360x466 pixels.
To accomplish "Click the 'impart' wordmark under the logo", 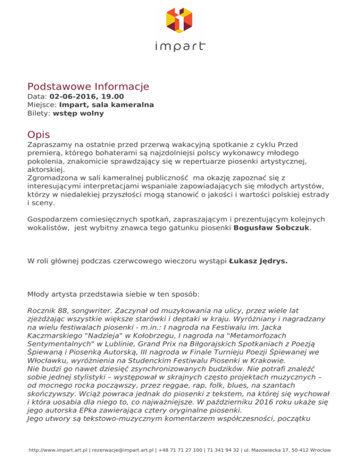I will tap(180, 46).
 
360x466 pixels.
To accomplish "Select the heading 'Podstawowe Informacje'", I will tap(88, 87).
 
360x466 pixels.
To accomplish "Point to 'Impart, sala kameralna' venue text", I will tap(106, 105).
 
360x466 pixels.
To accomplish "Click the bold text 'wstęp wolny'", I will tap(78, 113).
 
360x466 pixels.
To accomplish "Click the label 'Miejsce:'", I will tap(42, 105).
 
